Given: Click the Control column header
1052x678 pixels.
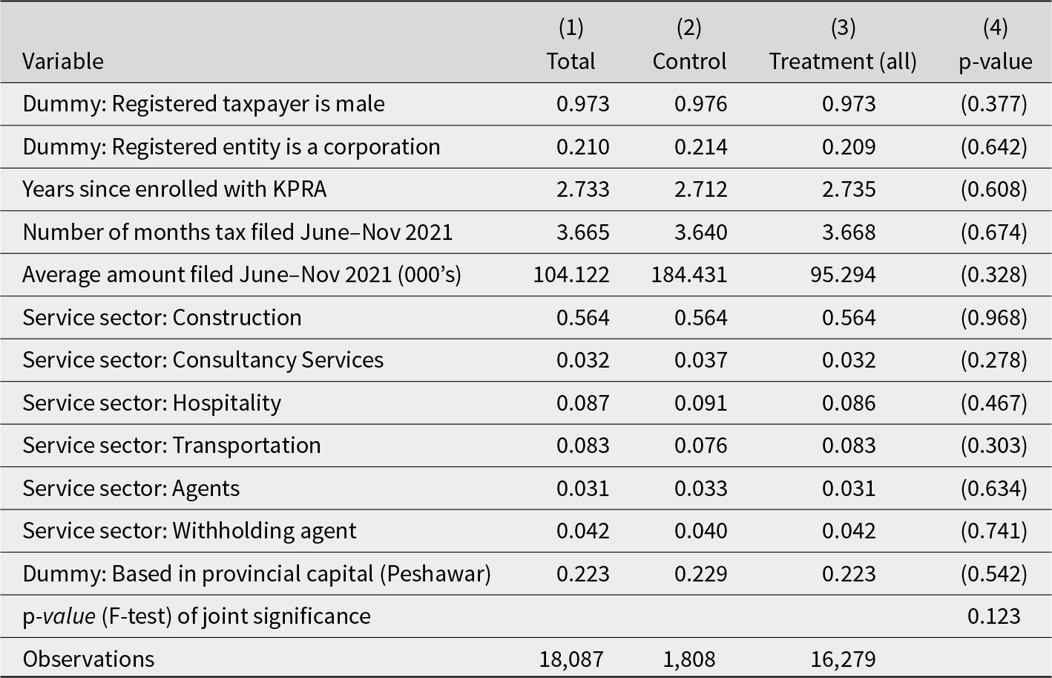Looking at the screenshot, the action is (689, 61).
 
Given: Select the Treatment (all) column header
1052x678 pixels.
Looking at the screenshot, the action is (843, 62).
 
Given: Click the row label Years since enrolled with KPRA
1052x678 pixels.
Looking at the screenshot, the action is (174, 189).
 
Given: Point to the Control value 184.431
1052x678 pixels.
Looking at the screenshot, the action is (689, 275).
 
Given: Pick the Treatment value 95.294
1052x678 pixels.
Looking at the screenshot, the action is (843, 275).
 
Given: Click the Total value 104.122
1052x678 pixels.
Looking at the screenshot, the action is (571, 275).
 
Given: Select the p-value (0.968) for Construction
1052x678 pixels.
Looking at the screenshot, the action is (994, 317).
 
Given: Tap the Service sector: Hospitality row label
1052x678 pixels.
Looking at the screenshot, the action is (151, 403).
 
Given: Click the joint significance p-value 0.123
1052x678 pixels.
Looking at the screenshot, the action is (994, 616).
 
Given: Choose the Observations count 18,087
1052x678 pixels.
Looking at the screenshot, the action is (571, 659).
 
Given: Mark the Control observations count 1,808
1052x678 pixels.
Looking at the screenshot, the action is (689, 659).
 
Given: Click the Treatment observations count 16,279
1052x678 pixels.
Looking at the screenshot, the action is (843, 659).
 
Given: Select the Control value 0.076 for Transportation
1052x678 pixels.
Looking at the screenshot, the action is (700, 446).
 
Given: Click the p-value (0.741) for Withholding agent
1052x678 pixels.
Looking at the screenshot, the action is (994, 531).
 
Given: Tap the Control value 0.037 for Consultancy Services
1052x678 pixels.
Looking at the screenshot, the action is (700, 360).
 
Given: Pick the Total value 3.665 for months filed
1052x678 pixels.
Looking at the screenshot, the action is (583, 232).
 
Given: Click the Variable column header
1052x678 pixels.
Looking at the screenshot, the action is (63, 62).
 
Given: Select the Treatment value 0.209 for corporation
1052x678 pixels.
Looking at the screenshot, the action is (849, 147).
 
